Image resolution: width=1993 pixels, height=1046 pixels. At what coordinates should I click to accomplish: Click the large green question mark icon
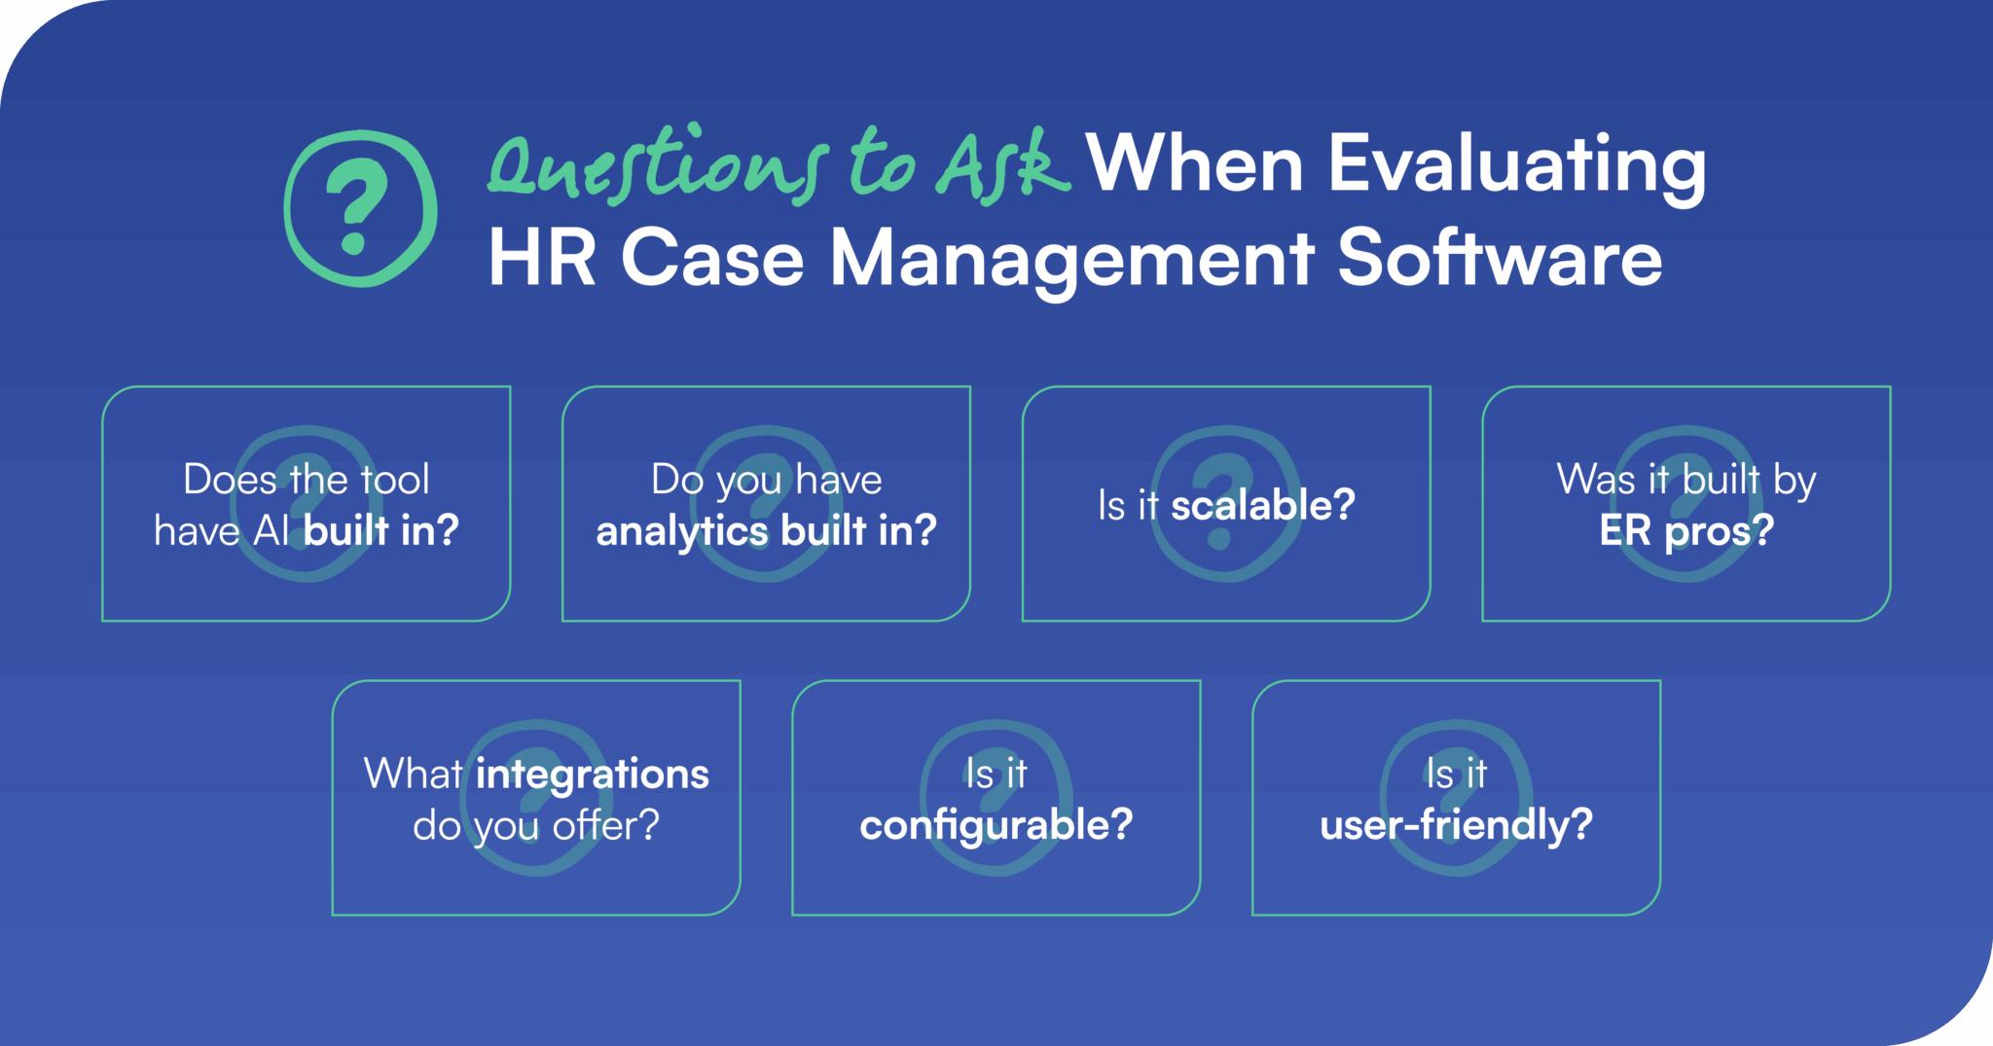point(360,207)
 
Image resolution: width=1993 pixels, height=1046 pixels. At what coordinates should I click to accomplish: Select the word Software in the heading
point(1499,258)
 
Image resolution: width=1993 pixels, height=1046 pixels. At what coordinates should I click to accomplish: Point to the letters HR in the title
point(542,258)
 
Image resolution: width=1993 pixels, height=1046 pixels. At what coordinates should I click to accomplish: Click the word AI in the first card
point(272,531)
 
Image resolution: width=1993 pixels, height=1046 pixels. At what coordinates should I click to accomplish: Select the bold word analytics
point(681,531)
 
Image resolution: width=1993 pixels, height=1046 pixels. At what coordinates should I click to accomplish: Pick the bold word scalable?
point(1262,505)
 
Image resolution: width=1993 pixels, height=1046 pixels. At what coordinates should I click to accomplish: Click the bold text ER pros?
point(1685,531)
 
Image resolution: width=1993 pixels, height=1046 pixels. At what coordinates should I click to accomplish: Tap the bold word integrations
point(592,775)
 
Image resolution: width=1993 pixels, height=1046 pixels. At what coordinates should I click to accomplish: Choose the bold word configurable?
point(996,825)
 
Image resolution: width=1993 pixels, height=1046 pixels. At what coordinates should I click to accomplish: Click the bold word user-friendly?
point(1456,825)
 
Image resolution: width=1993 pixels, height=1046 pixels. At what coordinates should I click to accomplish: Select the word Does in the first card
point(230,480)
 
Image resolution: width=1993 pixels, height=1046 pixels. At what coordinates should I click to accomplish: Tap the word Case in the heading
point(712,258)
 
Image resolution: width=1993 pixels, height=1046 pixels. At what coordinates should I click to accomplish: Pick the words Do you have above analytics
point(766,480)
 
